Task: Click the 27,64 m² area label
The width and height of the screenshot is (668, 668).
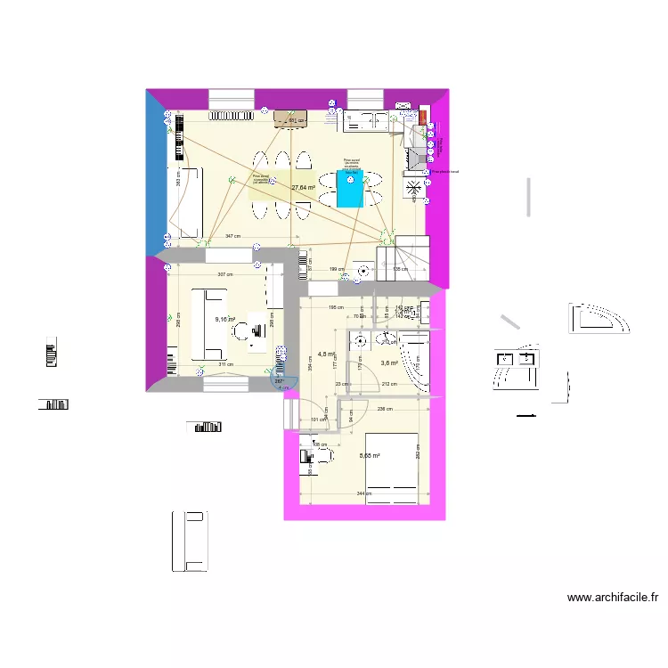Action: [304, 188]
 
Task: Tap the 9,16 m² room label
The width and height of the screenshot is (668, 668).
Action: [224, 318]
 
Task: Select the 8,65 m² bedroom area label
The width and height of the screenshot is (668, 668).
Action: [370, 456]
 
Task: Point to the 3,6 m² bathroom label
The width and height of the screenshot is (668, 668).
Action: [389, 363]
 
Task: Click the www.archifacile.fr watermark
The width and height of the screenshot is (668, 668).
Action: [613, 598]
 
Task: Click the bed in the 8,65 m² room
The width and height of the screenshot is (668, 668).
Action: [391, 468]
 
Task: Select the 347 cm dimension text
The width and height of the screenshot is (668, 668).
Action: [232, 236]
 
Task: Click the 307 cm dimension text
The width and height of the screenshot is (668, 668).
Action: [224, 274]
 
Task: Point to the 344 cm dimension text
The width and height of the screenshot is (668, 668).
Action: [363, 493]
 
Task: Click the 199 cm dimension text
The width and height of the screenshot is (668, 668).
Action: [337, 268]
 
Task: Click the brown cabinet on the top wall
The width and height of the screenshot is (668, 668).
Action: [290, 118]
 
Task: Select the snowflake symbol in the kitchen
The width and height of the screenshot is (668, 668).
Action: [414, 188]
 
